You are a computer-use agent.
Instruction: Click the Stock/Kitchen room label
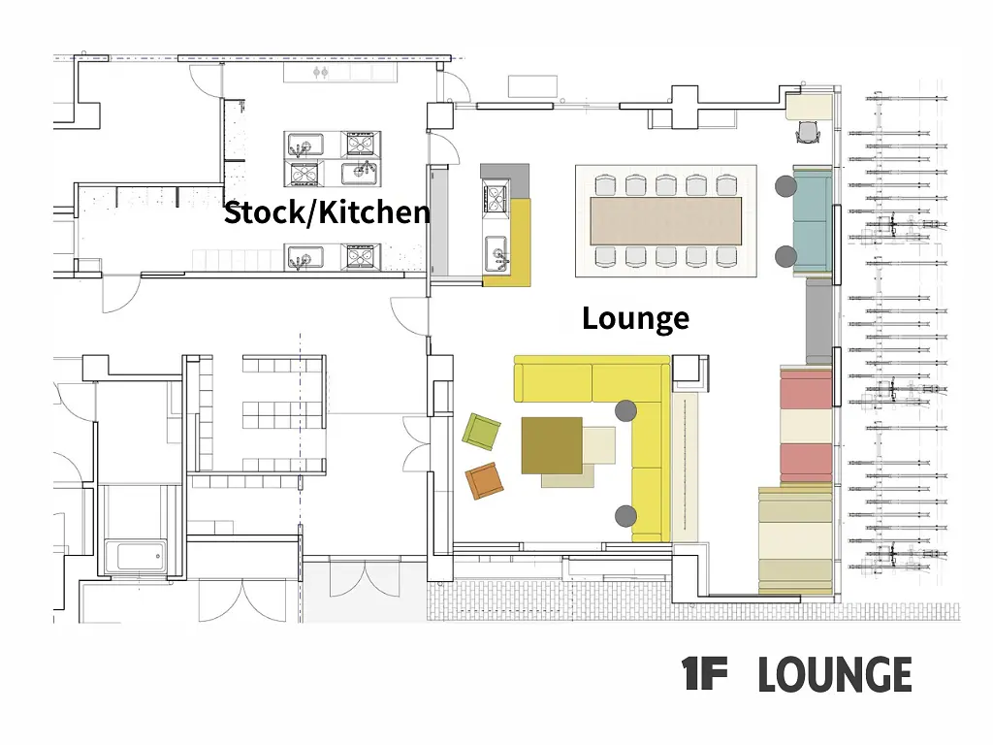(x=327, y=212)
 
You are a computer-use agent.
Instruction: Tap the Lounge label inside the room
(x=635, y=318)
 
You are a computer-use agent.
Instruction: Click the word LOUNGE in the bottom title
(x=835, y=674)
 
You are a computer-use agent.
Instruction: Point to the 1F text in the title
(x=704, y=674)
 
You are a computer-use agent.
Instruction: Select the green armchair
(x=481, y=432)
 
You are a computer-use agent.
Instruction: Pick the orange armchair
(x=485, y=481)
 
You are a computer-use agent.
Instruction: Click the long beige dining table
(x=665, y=221)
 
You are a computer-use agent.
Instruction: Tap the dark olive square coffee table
(x=552, y=445)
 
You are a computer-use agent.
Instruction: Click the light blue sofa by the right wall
(x=813, y=222)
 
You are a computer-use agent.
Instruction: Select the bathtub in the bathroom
(x=136, y=557)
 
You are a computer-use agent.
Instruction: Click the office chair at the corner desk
(x=808, y=132)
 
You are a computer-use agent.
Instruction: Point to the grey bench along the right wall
(x=818, y=321)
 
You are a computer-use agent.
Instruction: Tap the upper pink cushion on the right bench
(x=806, y=390)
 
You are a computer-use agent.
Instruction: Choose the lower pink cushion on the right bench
(x=806, y=463)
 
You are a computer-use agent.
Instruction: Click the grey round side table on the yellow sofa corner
(x=625, y=410)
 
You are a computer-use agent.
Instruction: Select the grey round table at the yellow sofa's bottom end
(x=625, y=516)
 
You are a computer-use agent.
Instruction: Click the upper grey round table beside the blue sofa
(x=785, y=186)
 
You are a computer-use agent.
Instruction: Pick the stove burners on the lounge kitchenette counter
(x=496, y=196)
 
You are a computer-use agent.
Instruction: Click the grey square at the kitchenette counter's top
(x=504, y=180)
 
